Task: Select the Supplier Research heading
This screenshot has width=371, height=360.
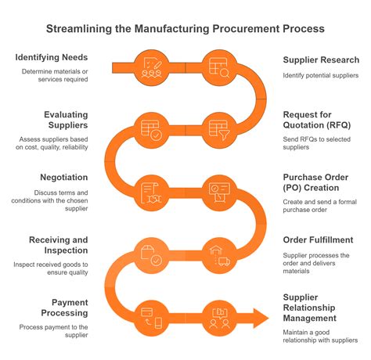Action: pos(321,60)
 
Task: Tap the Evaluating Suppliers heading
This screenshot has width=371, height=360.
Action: pos(66,121)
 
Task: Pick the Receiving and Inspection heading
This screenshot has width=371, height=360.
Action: pos(58,245)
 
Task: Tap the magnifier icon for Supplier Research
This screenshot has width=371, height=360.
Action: pos(216,67)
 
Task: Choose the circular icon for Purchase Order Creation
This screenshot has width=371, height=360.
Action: pos(216,191)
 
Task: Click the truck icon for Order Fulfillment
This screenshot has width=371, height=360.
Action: pos(216,254)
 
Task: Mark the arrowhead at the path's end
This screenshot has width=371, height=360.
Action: pos(260,318)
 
